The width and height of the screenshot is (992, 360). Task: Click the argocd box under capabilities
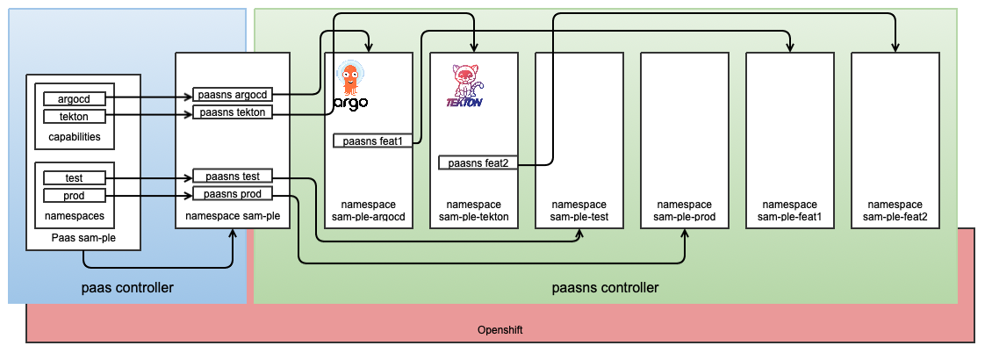tap(74, 99)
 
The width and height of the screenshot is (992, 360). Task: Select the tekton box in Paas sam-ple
tap(74, 116)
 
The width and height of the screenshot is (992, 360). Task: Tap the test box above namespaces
tap(74, 178)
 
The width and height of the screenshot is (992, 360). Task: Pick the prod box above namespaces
tap(74, 195)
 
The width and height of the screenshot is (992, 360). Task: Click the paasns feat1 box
tap(373, 140)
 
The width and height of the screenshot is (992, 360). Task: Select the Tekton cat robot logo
tap(465, 81)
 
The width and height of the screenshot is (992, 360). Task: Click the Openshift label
tap(500, 329)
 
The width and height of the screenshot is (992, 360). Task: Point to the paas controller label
tap(126, 287)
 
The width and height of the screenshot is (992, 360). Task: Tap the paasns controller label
tap(605, 287)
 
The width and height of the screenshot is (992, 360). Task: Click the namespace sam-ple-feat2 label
tap(895, 211)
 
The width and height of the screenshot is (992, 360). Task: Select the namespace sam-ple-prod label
tap(684, 211)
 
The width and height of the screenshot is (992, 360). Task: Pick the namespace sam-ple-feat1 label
tap(789, 211)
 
